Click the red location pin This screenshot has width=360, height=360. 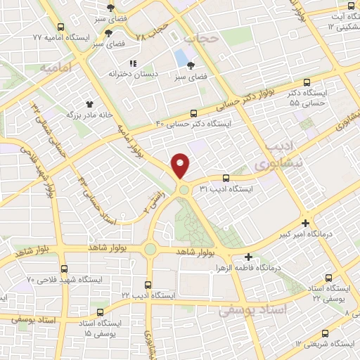click(181, 165)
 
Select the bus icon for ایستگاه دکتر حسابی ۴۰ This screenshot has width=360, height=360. click(194, 112)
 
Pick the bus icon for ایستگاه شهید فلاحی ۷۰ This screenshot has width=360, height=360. click(64, 269)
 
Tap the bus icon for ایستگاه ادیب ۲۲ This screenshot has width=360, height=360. click(148, 285)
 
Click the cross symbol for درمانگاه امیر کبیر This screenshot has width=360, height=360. click(304, 223)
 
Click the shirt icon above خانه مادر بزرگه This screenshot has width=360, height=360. click(89, 103)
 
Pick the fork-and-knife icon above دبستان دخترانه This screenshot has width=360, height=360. click(134, 64)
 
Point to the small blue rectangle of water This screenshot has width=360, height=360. click(182, 57)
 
